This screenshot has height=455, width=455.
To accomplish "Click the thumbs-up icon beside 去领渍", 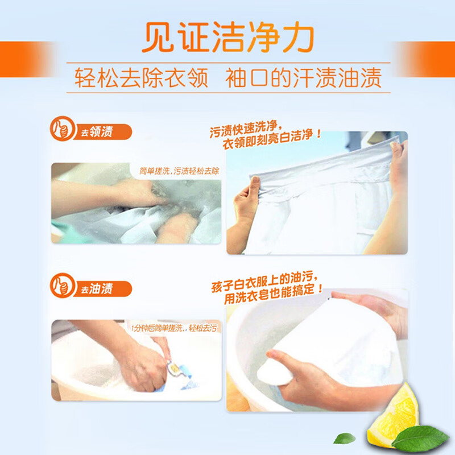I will (62, 129).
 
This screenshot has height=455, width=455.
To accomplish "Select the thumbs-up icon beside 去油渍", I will (62, 286).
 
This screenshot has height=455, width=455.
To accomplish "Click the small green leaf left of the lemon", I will (344, 438).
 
